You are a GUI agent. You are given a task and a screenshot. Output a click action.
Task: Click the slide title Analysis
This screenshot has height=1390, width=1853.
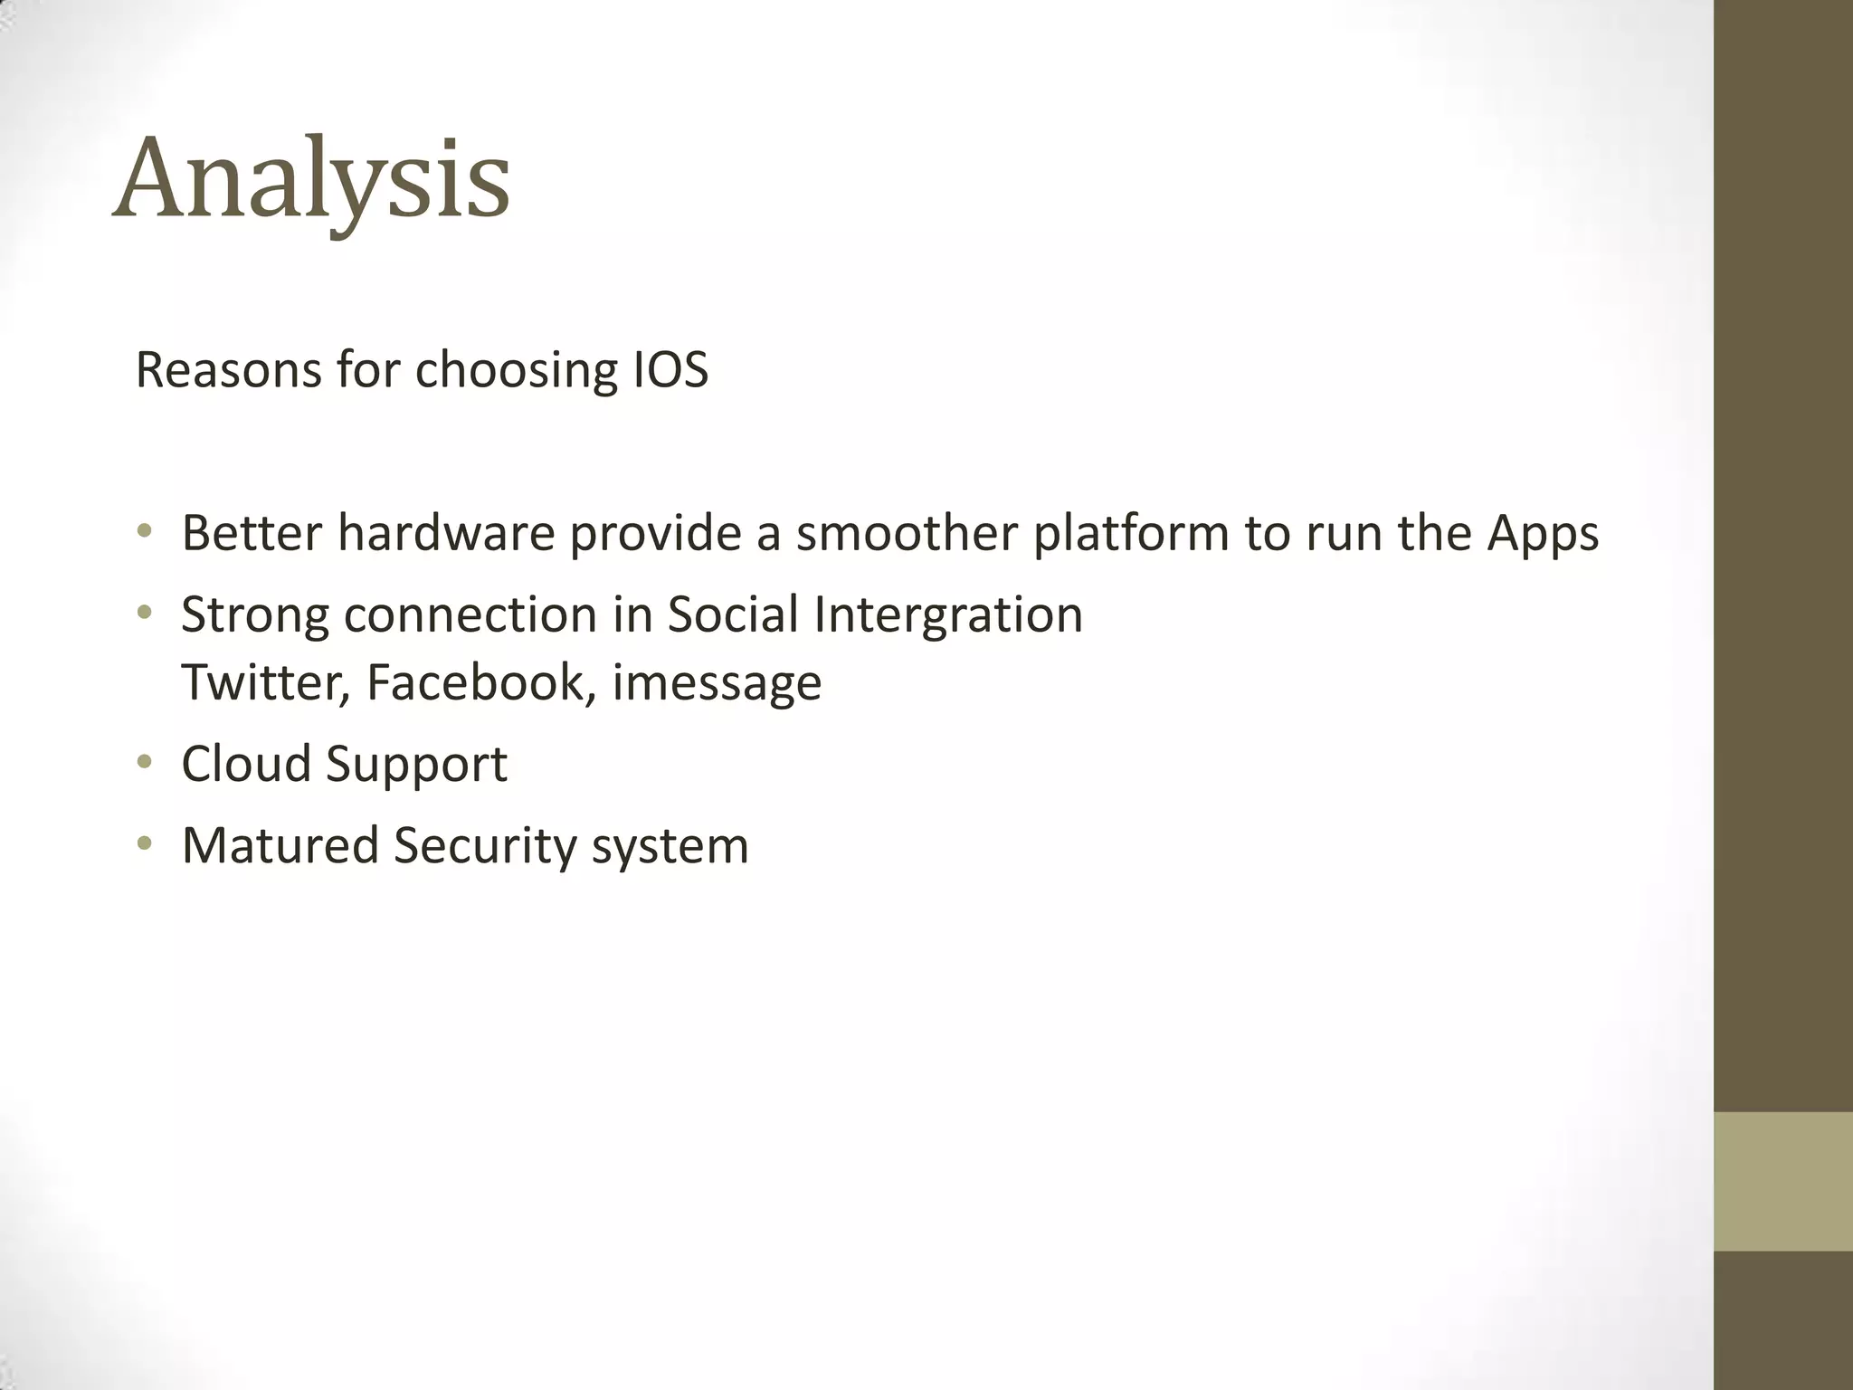click(311, 179)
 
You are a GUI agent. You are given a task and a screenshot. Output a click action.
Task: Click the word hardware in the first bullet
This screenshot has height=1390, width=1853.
click(446, 532)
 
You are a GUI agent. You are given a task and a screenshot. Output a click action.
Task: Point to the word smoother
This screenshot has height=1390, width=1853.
click(907, 532)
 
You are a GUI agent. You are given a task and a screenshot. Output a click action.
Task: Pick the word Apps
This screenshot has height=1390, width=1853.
click(1543, 534)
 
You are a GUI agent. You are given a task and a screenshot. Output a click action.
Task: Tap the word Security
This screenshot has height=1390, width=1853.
click(485, 846)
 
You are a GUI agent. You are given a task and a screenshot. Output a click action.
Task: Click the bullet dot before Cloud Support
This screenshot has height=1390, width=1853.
click(144, 763)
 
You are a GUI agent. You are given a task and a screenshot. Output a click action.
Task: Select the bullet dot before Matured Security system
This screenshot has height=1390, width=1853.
click(144, 844)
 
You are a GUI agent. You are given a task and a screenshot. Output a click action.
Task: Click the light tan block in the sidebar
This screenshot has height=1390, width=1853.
click(1782, 1181)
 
